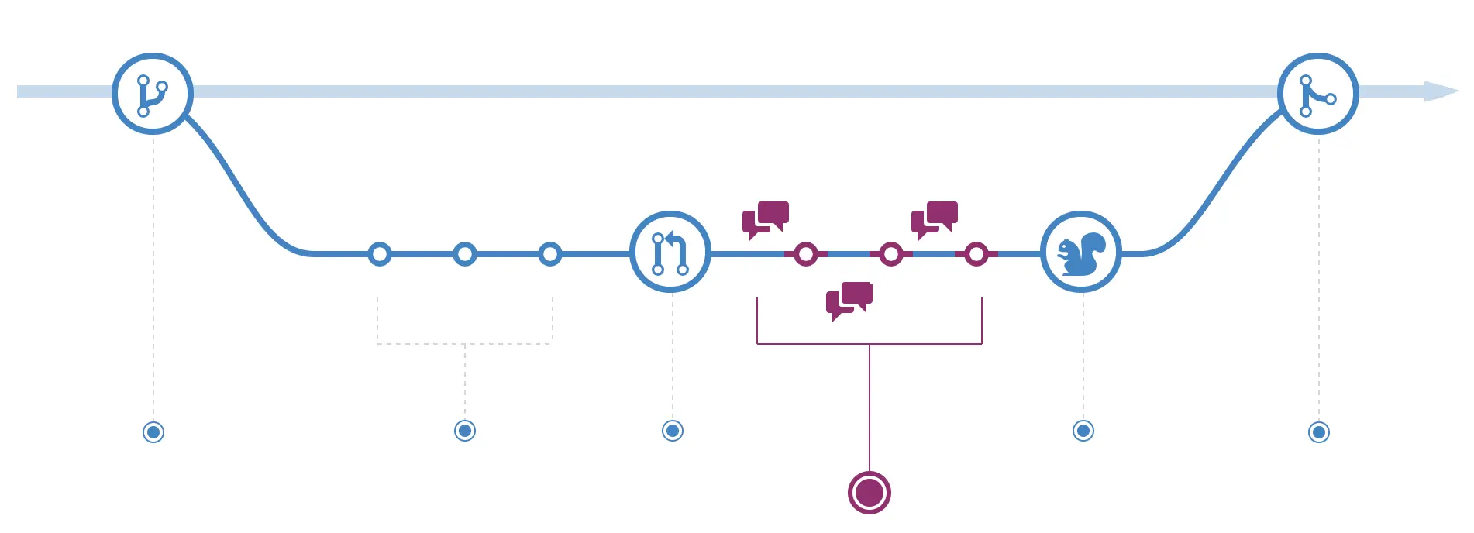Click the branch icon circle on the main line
[x=153, y=94]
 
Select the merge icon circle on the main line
[x=1317, y=94]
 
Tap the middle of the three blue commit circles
[x=465, y=253]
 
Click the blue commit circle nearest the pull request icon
[x=550, y=253]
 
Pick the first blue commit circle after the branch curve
[x=380, y=253]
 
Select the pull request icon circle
[x=670, y=252]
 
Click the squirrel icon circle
[x=1081, y=252]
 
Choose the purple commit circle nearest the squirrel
[x=976, y=253]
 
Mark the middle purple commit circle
[x=891, y=253]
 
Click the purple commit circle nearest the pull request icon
[x=806, y=253]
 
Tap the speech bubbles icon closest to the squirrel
[x=935, y=220]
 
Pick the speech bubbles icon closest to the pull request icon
[x=766, y=220]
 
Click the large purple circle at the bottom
[x=870, y=492]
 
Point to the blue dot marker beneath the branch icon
[x=153, y=432]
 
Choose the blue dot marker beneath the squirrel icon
[x=1083, y=431]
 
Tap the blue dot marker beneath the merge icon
[x=1319, y=432]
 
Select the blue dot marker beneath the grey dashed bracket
[x=465, y=431]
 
